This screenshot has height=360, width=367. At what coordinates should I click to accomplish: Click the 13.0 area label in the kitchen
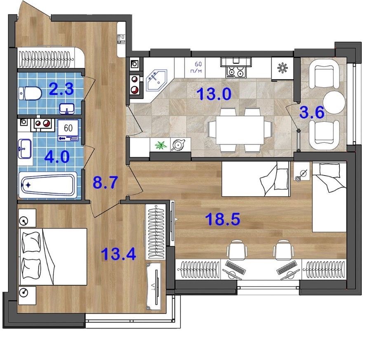point(214,94)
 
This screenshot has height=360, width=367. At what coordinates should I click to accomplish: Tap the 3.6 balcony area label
point(312,112)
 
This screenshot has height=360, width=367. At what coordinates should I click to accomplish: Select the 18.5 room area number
point(223,219)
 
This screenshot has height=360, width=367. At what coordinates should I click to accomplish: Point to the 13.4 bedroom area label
point(118,254)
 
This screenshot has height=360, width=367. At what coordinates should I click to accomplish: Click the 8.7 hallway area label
point(105,182)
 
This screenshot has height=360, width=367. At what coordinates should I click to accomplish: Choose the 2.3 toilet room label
point(61,89)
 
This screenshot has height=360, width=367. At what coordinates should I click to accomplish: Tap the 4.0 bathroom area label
point(57,157)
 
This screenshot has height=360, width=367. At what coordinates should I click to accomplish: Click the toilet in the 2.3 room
point(30,94)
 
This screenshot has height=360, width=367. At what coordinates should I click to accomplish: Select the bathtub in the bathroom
point(48,185)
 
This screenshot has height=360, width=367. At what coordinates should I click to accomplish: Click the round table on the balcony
point(334,102)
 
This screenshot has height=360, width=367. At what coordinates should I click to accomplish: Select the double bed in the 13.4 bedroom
point(53,257)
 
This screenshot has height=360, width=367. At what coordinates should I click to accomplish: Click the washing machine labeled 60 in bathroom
point(68,130)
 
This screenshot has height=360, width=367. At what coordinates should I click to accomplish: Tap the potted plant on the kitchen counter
point(161,145)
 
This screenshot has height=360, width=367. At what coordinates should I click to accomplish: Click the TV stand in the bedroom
point(154,287)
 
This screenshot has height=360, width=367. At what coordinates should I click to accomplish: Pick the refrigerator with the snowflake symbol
point(282,68)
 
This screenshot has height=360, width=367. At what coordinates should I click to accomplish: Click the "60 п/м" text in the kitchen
point(198,67)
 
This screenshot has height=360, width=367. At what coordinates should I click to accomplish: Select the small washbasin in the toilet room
point(67,109)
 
